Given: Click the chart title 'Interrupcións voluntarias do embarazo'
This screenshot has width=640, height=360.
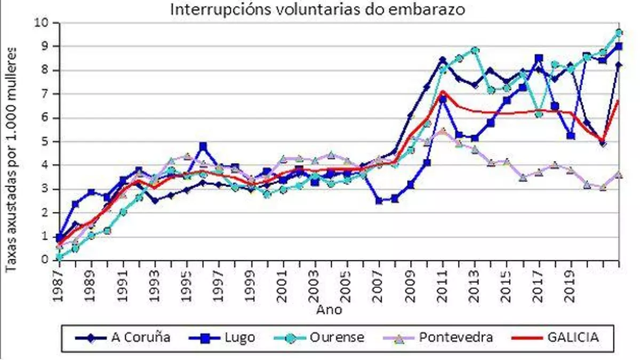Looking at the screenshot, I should pyautogui.click(x=318, y=9).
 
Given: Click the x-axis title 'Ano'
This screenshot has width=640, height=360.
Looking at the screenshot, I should pyautogui.click(x=329, y=309).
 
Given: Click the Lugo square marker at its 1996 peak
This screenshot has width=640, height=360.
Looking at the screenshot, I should pyautogui.click(x=203, y=146).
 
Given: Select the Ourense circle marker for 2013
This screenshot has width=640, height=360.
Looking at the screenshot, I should pyautogui.click(x=475, y=50).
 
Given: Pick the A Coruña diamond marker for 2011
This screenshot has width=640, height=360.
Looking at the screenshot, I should pyautogui.click(x=443, y=60).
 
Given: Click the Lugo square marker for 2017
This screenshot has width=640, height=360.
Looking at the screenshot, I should pyautogui.click(x=539, y=58).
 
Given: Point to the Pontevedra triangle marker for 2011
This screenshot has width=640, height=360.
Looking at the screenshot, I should pyautogui.click(x=443, y=131).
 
